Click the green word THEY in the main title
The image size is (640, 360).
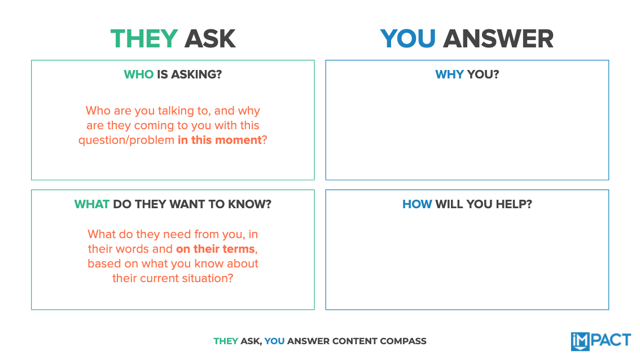click(144, 39)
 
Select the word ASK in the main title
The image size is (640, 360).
click(210, 39)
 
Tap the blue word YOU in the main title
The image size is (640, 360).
click(407, 39)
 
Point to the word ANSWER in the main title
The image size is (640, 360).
click(498, 39)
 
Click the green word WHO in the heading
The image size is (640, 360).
click(138, 74)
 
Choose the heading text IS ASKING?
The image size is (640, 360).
click(189, 74)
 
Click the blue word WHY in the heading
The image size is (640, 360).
click(449, 74)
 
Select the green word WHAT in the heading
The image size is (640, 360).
click(91, 204)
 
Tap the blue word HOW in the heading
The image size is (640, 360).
click(417, 204)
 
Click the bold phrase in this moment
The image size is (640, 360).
click(220, 140)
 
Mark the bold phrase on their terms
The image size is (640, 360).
click(215, 249)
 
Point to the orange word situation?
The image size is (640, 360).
click(205, 278)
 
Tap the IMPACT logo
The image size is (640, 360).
click(600, 341)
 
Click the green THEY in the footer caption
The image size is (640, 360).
click(226, 341)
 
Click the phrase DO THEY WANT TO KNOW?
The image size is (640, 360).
click(192, 204)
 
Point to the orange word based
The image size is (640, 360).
click(102, 264)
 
